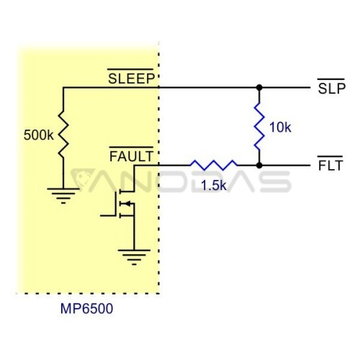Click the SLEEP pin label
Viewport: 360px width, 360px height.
coord(131,78)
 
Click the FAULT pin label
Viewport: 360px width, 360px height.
coord(131,156)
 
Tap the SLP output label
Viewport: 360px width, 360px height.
coord(331,89)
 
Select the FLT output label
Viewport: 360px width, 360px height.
coord(330,166)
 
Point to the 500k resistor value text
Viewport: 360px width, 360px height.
coord(38,135)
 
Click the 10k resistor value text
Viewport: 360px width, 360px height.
coord(280,127)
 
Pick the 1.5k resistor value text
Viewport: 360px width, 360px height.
coord(214,185)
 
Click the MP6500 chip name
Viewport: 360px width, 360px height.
coord(86,309)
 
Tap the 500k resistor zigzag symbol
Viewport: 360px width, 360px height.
coord(63,135)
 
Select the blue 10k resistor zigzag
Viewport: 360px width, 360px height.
coord(259,127)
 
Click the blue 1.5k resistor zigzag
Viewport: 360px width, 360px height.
coord(214,165)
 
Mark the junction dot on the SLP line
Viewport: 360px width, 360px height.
coord(259,88)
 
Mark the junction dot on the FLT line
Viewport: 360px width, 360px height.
coord(259,166)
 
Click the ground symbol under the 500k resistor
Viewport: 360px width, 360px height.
coord(63,196)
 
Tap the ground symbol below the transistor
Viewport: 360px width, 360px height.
coord(134,258)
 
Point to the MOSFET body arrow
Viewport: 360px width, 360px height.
coord(127,204)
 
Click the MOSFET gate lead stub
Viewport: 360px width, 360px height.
coord(108,216)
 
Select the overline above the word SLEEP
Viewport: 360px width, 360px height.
coord(130,69)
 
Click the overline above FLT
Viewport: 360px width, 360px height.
coord(330,157)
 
